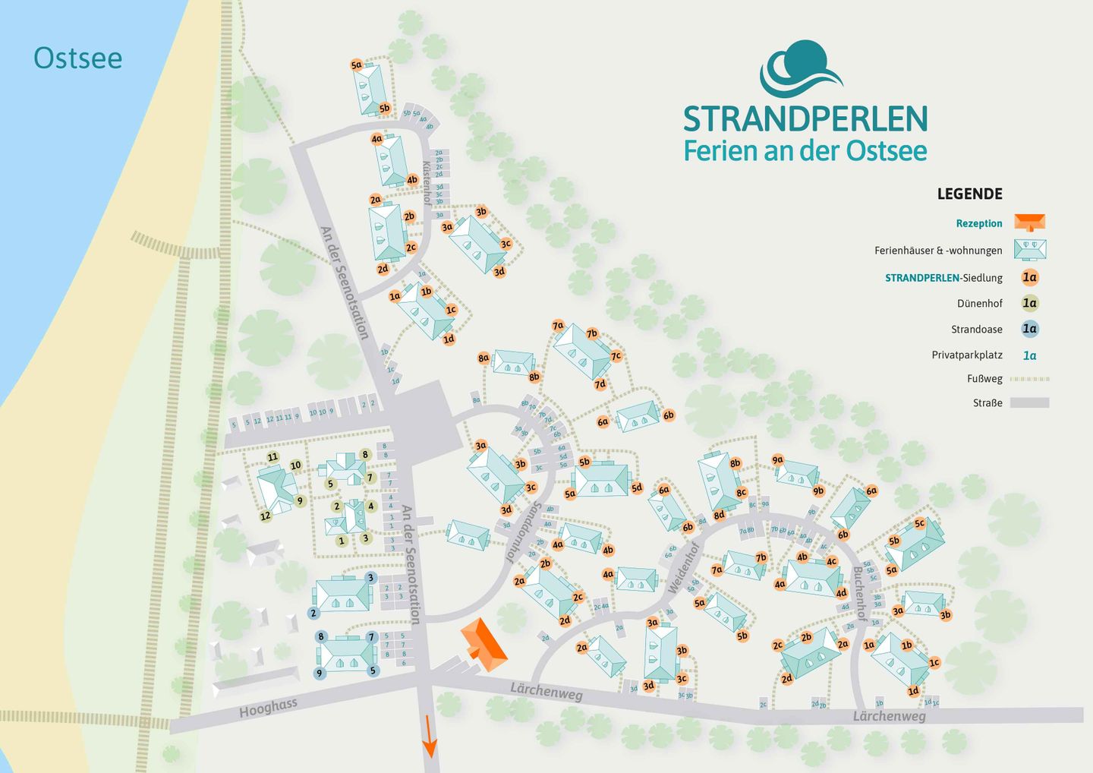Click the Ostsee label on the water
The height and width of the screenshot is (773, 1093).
point(77,58)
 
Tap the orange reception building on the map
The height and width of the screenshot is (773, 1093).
point(483,645)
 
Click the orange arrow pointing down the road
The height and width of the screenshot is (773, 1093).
point(430,737)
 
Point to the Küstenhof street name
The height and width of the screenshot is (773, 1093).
point(427,183)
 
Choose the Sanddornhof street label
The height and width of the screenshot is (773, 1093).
point(522,532)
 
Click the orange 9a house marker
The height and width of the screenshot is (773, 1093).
point(777,460)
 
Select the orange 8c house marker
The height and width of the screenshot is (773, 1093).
point(741,493)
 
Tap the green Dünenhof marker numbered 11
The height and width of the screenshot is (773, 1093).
point(272,457)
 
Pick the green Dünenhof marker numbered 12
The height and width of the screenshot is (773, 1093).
point(265,516)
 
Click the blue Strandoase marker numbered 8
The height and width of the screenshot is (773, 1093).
point(321,637)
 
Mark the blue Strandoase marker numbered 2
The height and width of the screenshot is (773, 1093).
point(313,613)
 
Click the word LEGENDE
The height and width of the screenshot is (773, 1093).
point(969,194)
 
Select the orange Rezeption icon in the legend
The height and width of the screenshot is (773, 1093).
point(1030,222)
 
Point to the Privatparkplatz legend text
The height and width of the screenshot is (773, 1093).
point(966,355)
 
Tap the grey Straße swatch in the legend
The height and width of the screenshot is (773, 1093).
point(1029,403)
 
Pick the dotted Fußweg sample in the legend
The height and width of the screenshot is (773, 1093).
point(1030,379)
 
